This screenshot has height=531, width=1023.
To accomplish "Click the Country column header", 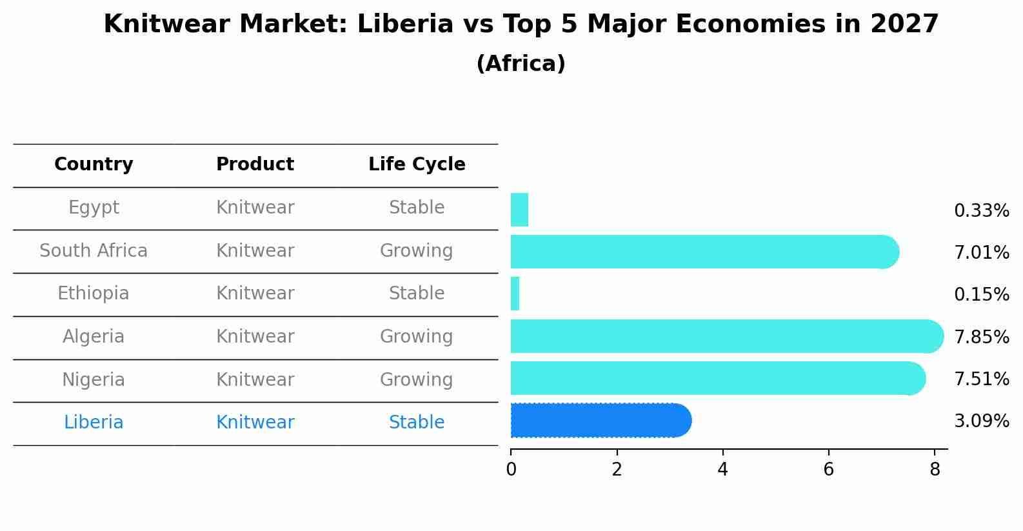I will (94, 165).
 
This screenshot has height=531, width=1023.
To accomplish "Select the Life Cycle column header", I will (417, 165).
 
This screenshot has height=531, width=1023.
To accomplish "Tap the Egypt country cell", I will (94, 208).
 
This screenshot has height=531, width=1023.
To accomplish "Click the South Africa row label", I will (94, 250).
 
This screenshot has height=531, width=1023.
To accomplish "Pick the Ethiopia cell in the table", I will (94, 294).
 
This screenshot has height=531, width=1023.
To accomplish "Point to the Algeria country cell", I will (94, 337).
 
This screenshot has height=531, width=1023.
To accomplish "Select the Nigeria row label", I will (94, 379).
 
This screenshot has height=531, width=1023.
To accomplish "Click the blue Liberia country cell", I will (94, 423).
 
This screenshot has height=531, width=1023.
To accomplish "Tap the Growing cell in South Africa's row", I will (417, 250).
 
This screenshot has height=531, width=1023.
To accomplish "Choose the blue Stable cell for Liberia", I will (417, 423).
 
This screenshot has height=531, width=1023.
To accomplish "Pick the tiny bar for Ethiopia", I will (515, 294).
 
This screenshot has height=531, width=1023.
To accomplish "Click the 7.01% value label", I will (981, 253).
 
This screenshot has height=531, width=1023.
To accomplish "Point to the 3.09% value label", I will (981, 421).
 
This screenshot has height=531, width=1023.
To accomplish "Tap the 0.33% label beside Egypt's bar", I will (981, 211).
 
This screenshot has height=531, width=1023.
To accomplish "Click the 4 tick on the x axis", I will (722, 470).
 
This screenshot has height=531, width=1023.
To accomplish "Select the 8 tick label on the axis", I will (934, 470).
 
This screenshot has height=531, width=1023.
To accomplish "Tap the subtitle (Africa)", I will (521, 64).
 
